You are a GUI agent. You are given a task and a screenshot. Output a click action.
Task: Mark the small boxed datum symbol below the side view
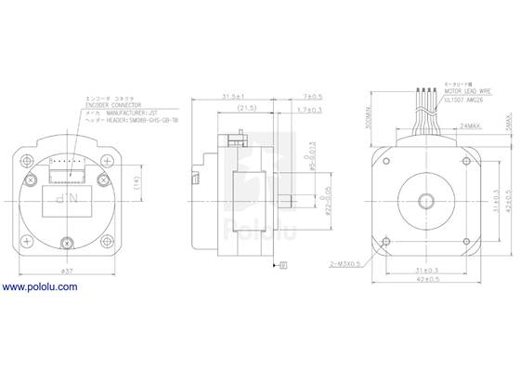(x=283, y=268)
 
